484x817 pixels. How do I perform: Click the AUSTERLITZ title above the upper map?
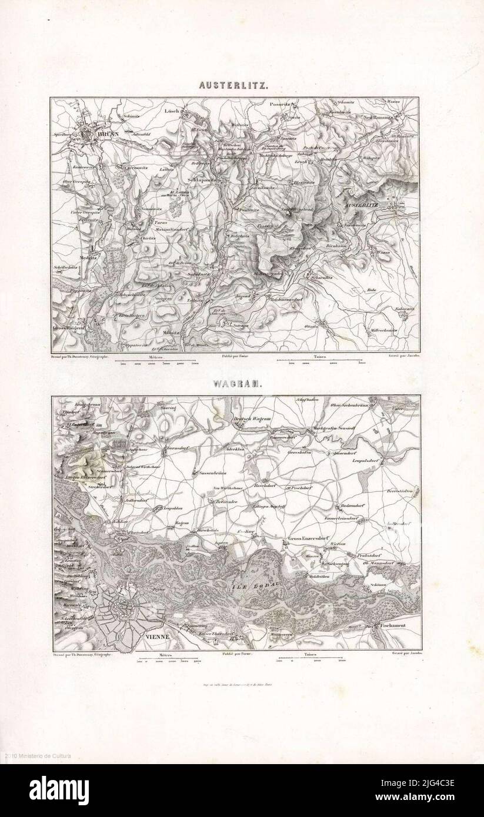(235, 85)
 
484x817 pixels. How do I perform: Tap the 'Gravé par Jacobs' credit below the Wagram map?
(403, 653)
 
